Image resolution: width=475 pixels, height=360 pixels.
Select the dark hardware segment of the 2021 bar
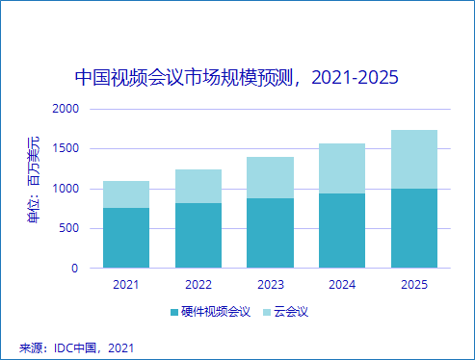[x=126, y=238]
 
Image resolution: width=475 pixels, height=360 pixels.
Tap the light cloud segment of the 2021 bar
[x=126, y=194]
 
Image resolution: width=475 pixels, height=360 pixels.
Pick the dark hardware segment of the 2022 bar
[x=198, y=235]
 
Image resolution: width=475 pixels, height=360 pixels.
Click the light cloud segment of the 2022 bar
[x=198, y=186]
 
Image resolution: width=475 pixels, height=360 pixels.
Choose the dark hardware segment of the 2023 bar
[x=270, y=233]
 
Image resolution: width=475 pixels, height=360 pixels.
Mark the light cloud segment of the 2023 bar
[x=270, y=177]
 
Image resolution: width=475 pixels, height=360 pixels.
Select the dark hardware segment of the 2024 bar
[x=342, y=230]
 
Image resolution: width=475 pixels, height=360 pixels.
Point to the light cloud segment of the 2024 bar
[x=342, y=168]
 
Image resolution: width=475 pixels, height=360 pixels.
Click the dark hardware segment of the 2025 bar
[x=414, y=228]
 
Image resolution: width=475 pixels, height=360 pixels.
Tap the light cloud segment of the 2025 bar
[x=414, y=159]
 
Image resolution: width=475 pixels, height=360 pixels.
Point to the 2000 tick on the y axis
[x=65, y=109]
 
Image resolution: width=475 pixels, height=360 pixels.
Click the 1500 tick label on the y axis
[x=65, y=149]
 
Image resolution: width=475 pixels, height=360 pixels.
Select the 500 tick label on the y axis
[x=68, y=229]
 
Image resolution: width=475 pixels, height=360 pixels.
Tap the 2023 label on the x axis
[x=270, y=284]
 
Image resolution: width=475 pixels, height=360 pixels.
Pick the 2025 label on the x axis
[x=414, y=284]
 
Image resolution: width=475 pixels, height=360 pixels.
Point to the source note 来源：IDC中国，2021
[x=76, y=347]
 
